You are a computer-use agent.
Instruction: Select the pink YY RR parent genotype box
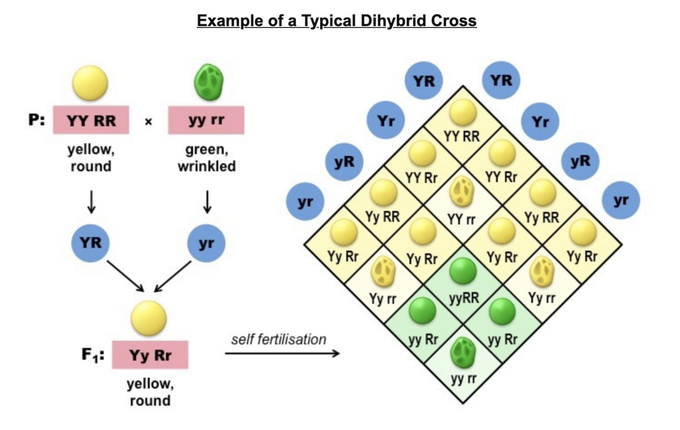[91, 121]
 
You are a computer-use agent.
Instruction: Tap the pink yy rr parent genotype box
[206, 121]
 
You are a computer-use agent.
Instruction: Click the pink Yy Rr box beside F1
[150, 355]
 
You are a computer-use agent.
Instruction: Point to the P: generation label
[37, 121]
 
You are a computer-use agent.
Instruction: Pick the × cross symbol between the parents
[148, 122]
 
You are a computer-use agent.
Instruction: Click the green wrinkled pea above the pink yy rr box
[208, 83]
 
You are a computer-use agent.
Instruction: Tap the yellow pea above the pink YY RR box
[90, 83]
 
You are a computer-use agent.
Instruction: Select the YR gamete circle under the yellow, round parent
[90, 243]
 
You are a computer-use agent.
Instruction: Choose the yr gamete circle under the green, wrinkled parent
[206, 243]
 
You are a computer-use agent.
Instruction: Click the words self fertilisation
[278, 339]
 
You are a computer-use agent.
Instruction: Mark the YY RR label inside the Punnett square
[463, 137]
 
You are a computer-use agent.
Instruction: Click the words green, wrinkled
[206, 158]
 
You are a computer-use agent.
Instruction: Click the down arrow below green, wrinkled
[206, 202]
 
